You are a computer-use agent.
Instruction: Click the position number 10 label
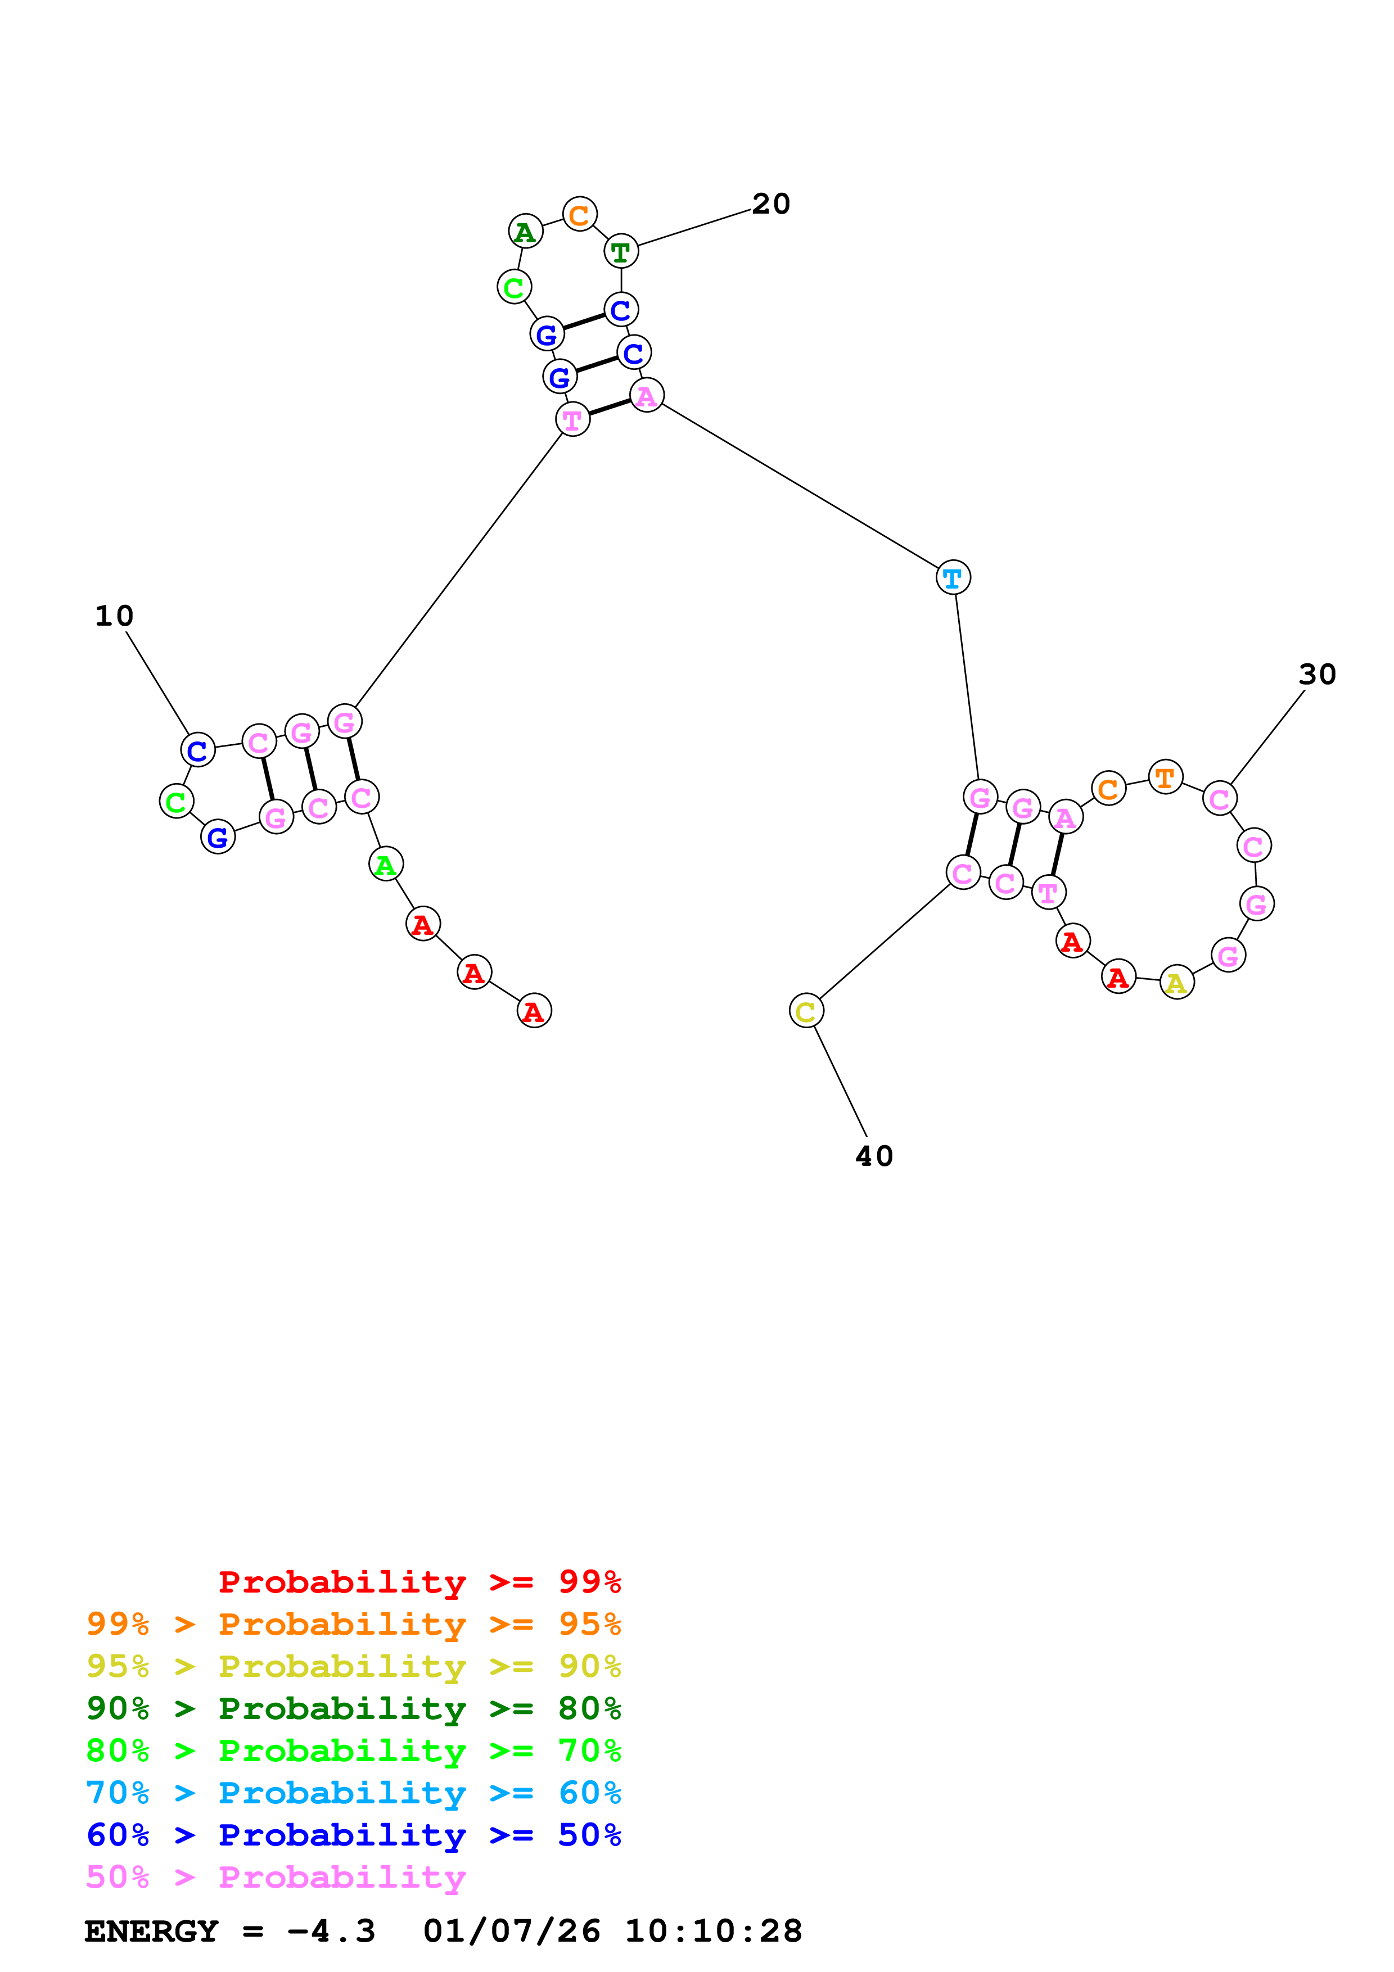(x=114, y=616)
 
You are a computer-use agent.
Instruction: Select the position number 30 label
(x=1317, y=674)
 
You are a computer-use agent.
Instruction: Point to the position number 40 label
(x=874, y=1156)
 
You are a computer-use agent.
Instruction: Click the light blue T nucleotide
(x=953, y=578)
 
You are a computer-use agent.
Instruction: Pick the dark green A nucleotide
(x=525, y=232)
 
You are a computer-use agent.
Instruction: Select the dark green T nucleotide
(x=621, y=252)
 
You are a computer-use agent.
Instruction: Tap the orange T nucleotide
(x=1165, y=777)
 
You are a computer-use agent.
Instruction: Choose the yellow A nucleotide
(x=1176, y=983)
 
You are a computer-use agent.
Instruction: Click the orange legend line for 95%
(x=353, y=1624)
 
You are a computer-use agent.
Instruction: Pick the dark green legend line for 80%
(x=353, y=1708)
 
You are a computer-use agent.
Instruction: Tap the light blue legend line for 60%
(x=353, y=1793)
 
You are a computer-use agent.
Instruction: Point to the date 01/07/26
(x=511, y=1931)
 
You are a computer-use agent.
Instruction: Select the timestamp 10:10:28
(x=713, y=1931)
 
